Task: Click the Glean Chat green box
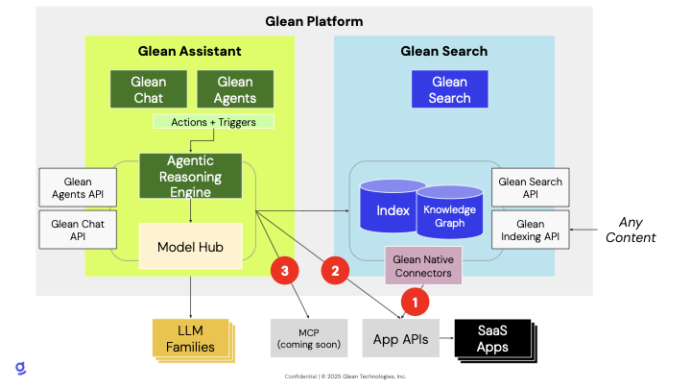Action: click(x=149, y=89)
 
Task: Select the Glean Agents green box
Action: click(x=235, y=89)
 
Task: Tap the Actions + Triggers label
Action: click(x=213, y=122)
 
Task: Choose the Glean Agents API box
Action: click(x=78, y=188)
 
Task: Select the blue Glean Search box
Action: click(x=450, y=89)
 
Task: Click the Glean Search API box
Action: click(x=529, y=188)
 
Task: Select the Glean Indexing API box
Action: click(x=529, y=231)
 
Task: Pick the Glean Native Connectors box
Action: click(x=423, y=266)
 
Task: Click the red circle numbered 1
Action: click(x=416, y=304)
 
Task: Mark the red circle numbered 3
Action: click(x=285, y=271)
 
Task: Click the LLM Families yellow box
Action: click(x=192, y=338)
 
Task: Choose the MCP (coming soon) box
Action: click(x=301, y=338)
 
